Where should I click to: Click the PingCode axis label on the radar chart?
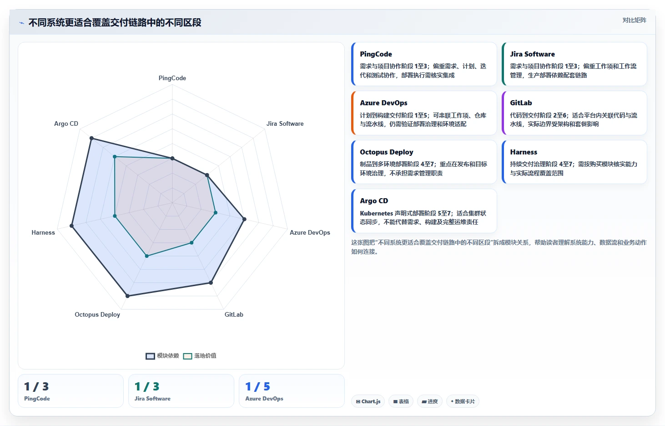tap(172, 78)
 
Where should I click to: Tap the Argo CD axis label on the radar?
tap(66, 123)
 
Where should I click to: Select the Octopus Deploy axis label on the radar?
tap(97, 314)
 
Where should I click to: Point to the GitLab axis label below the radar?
tap(234, 314)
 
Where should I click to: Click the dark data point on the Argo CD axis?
tap(92, 138)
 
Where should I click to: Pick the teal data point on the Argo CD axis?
tap(115, 157)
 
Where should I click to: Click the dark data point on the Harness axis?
tap(71, 226)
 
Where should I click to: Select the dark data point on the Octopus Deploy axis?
tap(127, 296)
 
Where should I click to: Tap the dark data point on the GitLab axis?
tap(211, 283)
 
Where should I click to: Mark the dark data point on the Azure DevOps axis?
tap(245, 220)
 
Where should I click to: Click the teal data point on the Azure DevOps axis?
tap(216, 213)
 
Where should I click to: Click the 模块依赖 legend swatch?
tap(150, 356)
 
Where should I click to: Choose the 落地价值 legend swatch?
tap(187, 356)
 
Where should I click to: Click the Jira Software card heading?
tap(532, 54)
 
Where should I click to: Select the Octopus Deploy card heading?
tap(387, 152)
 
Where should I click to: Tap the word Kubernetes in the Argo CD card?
tap(377, 213)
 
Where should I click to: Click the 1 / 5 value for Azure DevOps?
tap(258, 386)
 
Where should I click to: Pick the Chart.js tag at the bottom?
tap(368, 401)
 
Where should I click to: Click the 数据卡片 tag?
tap(463, 401)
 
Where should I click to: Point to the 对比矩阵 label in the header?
tap(635, 20)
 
